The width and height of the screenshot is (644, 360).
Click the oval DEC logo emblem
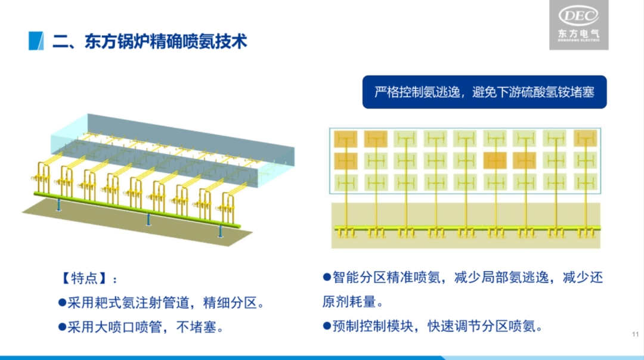click(x=578, y=16)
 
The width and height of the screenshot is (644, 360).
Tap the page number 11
click(x=634, y=334)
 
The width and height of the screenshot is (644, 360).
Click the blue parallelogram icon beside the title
click(x=36, y=41)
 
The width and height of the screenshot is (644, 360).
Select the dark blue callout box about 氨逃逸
click(x=484, y=92)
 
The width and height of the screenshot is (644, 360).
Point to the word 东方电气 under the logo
click(x=578, y=35)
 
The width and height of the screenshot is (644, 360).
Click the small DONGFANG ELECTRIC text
click(x=578, y=43)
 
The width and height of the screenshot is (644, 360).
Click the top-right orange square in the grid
click(x=585, y=139)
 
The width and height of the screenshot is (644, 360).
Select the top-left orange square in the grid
click(x=345, y=139)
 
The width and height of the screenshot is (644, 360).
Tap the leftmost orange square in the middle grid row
click(x=345, y=160)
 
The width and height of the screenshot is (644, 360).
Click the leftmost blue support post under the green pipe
click(x=58, y=204)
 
